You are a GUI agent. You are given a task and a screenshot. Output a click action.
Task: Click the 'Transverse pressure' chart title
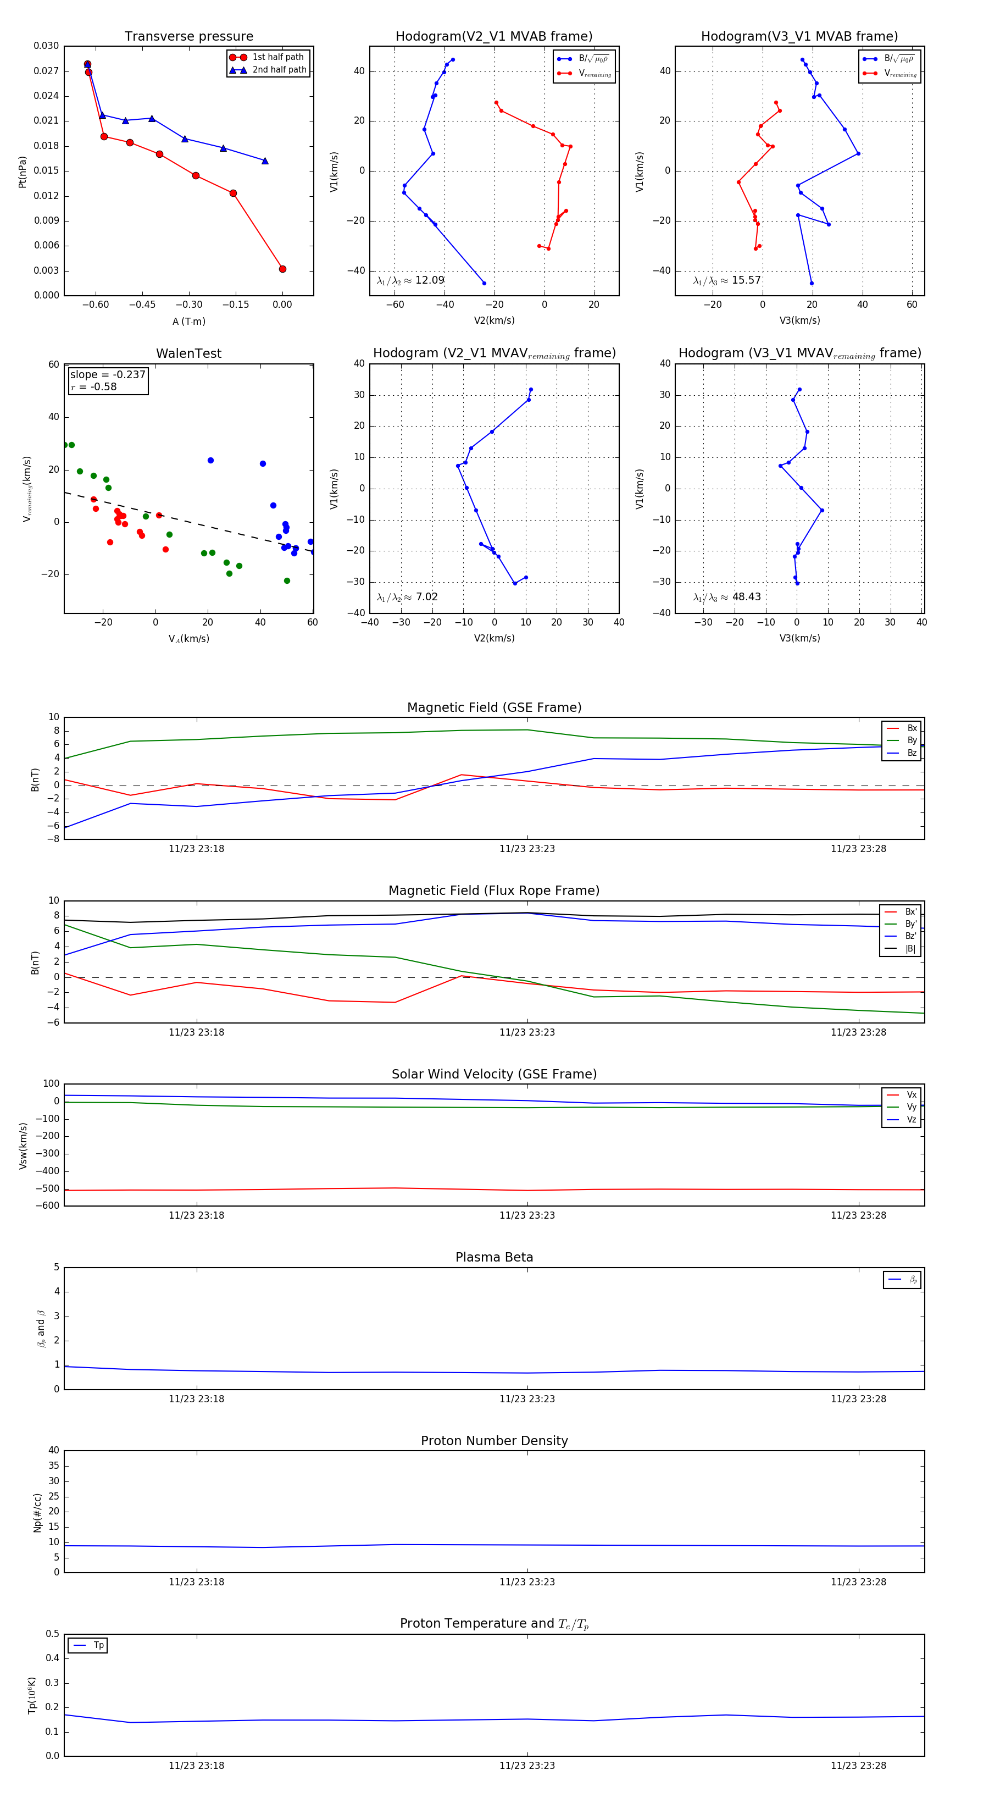pyautogui.click(x=188, y=37)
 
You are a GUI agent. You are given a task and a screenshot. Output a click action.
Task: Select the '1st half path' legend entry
pyautogui.click(x=277, y=57)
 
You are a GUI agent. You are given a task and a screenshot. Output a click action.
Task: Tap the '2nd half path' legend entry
pyautogui.click(x=279, y=70)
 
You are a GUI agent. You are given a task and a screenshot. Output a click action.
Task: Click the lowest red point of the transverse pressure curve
pyautogui.click(x=282, y=269)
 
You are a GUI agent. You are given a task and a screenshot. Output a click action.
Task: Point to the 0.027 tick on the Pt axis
pyautogui.click(x=47, y=71)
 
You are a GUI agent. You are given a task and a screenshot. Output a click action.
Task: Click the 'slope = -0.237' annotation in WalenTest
pyautogui.click(x=108, y=375)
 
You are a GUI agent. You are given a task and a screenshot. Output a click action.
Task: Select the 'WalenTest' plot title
pyautogui.click(x=188, y=353)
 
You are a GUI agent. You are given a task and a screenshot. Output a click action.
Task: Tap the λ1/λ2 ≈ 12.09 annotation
pyautogui.click(x=410, y=280)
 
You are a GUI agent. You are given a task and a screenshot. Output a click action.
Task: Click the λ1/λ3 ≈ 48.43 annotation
pyautogui.click(x=726, y=597)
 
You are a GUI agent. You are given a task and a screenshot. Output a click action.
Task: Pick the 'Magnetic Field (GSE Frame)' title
pyautogui.click(x=494, y=707)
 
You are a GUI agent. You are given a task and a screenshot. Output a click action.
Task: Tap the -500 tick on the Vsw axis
pyautogui.click(x=48, y=1188)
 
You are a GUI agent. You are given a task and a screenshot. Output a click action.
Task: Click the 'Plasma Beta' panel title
pyautogui.click(x=494, y=1258)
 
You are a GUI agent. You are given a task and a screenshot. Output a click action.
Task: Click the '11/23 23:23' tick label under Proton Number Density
pyautogui.click(x=527, y=1581)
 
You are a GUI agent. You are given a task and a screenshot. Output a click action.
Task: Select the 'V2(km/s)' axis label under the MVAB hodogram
pyautogui.click(x=494, y=320)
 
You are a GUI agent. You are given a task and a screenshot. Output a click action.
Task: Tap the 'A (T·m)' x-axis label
pyautogui.click(x=188, y=321)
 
